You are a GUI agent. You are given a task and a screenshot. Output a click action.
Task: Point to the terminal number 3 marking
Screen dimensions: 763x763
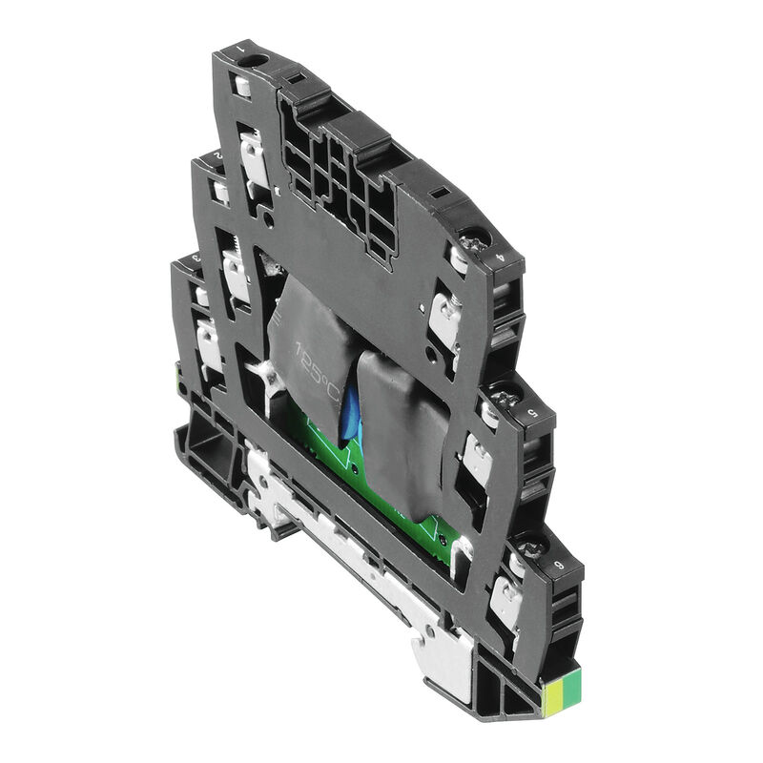point(196,257)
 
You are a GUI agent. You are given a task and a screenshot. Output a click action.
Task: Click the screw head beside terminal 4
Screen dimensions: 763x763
point(474,239)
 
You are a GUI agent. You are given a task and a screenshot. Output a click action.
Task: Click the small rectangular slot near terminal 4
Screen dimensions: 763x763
point(441,193)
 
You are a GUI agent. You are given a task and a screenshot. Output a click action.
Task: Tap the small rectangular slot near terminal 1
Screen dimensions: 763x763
point(295,76)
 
